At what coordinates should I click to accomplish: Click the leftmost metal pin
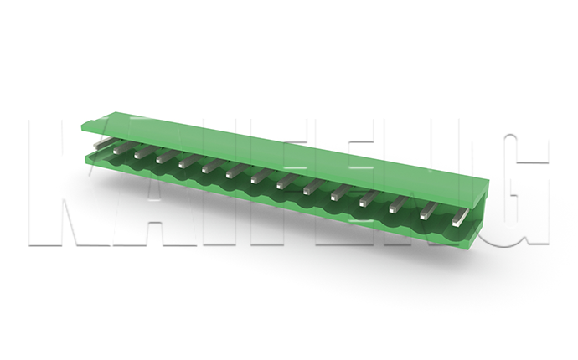tap(101, 143)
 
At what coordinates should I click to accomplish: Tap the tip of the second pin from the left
tap(117, 150)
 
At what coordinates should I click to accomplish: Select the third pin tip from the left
tap(138, 154)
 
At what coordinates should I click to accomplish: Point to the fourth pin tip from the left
tap(160, 159)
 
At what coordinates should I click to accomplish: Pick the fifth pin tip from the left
tap(183, 164)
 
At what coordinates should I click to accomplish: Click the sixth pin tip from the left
tap(206, 169)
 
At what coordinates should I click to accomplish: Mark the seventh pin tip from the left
tap(230, 174)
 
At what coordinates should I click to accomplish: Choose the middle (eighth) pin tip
tap(255, 179)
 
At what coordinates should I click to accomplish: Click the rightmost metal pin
tap(459, 218)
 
